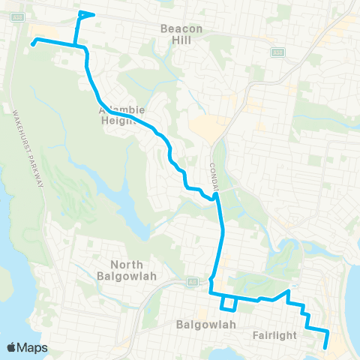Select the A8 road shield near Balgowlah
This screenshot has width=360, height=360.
[192, 281]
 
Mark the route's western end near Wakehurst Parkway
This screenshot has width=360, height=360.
[33, 44]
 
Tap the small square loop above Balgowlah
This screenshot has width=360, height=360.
[228, 303]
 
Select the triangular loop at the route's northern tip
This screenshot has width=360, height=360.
[85, 14]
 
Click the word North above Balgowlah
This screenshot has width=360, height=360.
[126, 264]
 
